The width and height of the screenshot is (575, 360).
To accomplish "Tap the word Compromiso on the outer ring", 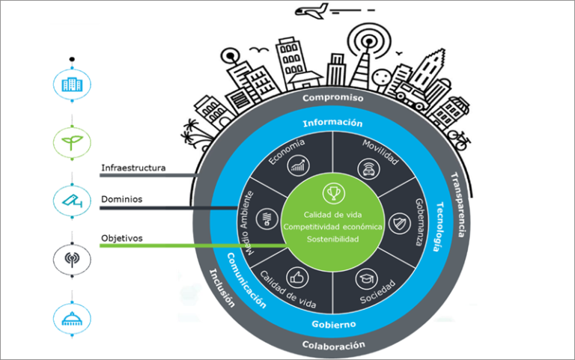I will [x=332, y=98].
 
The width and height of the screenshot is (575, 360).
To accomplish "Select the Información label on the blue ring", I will [x=332, y=123].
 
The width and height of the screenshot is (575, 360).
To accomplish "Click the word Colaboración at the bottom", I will [x=333, y=345].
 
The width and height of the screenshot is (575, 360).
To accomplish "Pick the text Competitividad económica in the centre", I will [x=332, y=227].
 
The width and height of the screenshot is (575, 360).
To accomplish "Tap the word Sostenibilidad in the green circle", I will [x=332, y=239].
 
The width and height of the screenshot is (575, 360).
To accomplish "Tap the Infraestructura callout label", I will [x=133, y=168].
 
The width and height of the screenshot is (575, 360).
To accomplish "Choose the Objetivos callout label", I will [x=121, y=238].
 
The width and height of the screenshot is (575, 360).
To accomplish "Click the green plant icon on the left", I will [x=72, y=140].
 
